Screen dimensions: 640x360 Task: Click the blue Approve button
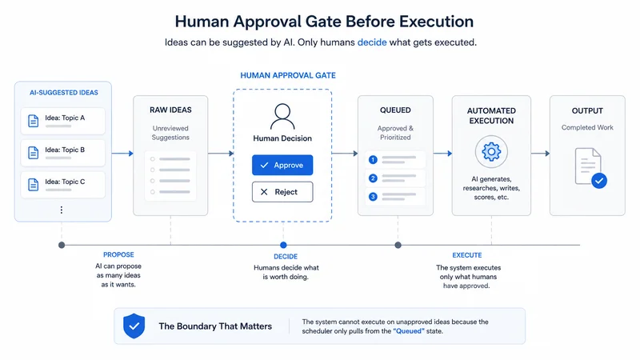click(x=282, y=165)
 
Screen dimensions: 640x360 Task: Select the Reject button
click(x=282, y=192)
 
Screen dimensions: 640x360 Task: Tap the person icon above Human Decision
click(x=282, y=117)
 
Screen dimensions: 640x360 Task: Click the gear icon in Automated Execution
click(x=491, y=152)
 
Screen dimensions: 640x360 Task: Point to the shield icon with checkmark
click(x=134, y=326)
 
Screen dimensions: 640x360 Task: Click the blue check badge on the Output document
click(x=599, y=181)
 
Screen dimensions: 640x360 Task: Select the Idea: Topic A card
click(x=63, y=121)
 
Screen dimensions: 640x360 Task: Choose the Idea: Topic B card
click(x=63, y=153)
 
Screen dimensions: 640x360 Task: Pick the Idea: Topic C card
click(x=63, y=185)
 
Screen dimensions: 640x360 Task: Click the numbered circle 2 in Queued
click(x=373, y=178)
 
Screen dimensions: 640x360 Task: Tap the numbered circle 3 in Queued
click(x=373, y=197)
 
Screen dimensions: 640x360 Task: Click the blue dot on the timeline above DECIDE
click(x=283, y=245)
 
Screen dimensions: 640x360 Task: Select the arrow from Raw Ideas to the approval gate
click(x=221, y=154)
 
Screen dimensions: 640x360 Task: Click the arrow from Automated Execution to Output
click(x=541, y=154)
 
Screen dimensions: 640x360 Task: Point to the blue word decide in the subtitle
click(x=372, y=42)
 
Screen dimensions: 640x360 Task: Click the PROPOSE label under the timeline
click(x=118, y=254)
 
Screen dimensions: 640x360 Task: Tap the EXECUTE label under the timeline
click(x=467, y=255)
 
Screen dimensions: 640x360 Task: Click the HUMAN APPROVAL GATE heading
click(x=288, y=75)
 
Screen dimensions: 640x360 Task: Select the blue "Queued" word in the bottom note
click(x=409, y=331)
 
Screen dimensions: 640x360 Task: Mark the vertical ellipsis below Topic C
click(x=62, y=210)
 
